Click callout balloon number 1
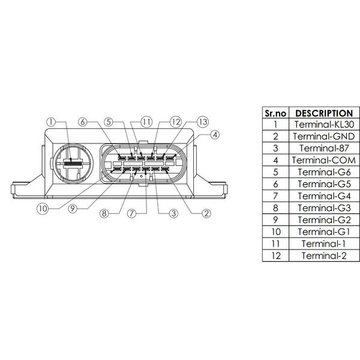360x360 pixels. click(51, 122)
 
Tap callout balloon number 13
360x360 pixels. click(203, 122)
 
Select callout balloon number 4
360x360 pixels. click(215, 135)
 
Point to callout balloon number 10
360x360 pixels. click(43, 209)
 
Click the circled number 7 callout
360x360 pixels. click(132, 214)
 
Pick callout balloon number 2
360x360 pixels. click(206, 214)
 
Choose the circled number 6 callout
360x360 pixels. click(83, 122)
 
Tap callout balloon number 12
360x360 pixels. click(176, 122)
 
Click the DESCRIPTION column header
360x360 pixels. click(324, 113)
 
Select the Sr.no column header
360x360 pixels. click(275, 113)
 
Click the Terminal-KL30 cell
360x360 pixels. click(324, 124)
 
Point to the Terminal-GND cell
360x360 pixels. click(324, 136)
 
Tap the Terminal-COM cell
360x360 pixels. click(324, 160)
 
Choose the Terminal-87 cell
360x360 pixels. click(324, 148)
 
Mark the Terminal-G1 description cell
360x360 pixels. click(324, 232)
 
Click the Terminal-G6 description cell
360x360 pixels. click(324, 172)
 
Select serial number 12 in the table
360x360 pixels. click(276, 256)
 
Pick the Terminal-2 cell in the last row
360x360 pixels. click(324, 256)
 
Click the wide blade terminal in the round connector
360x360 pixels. click(73, 164)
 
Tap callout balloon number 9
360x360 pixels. click(73, 209)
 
